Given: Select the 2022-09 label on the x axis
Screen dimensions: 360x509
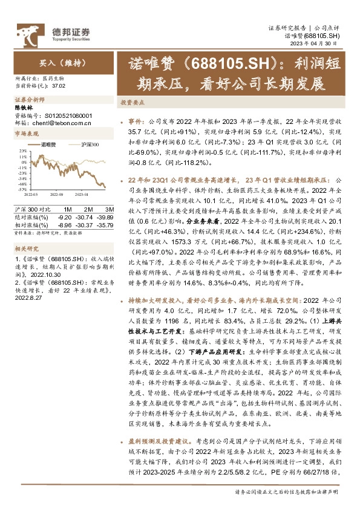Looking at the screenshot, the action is [x=57, y=195].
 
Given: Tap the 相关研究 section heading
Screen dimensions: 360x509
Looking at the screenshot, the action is [x=26, y=248].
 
